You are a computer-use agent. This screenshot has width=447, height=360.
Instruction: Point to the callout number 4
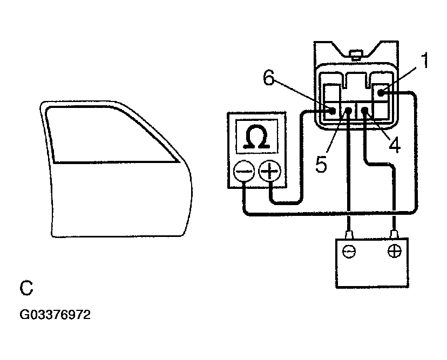pos(395,145)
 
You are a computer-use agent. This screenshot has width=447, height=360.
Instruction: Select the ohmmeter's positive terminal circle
pos(268,172)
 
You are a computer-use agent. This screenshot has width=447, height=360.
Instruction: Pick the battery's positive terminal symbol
pos(395,252)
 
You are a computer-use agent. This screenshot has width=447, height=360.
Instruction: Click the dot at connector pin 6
pos(332,111)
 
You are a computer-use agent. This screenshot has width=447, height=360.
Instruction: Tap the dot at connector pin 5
pos(349,111)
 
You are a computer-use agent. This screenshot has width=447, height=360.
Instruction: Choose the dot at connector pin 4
pos(365,111)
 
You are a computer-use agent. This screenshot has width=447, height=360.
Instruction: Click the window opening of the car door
pos(113,135)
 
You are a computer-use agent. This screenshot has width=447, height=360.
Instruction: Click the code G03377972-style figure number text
pos(55,315)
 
